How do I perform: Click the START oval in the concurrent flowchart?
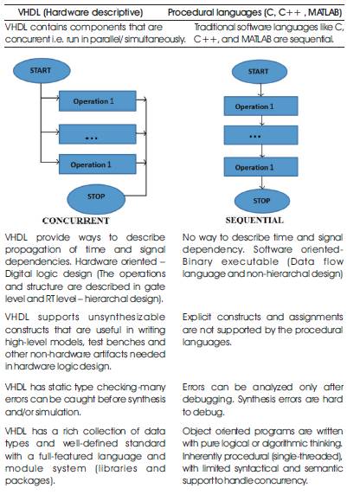coord(42,70)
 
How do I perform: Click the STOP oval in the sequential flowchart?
coord(262,201)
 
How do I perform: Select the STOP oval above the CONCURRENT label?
coord(96,199)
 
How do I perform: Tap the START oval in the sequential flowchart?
coord(260,72)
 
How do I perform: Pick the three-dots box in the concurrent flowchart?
coord(98,134)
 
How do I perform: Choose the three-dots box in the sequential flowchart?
coord(260,135)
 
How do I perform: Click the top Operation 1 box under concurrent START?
coord(98,101)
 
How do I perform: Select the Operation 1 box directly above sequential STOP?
coord(260,167)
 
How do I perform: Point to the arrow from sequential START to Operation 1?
coord(260,90)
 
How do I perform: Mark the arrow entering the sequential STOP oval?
coord(262,183)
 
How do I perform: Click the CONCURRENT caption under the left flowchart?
coord(76,221)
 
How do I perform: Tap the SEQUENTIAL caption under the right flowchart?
coord(254,220)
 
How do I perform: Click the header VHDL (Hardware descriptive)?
coord(80,12)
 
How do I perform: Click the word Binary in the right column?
coord(197,262)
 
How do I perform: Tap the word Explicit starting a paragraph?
coord(196,318)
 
